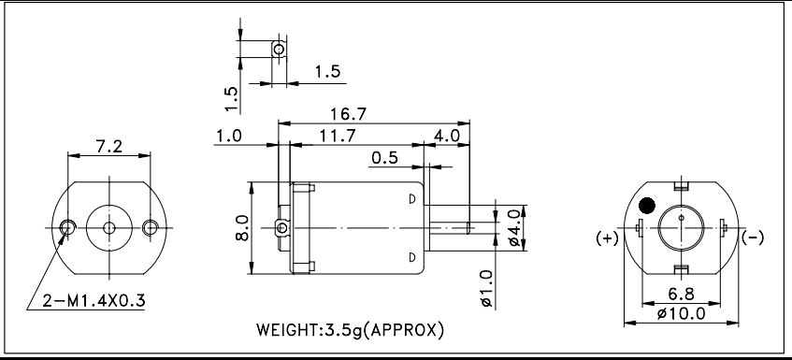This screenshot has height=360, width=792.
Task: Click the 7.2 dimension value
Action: [108, 147]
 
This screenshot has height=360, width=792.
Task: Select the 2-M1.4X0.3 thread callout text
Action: [94, 301]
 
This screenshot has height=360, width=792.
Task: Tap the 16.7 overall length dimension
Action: [348, 114]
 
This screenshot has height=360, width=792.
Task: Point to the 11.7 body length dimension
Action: [338, 136]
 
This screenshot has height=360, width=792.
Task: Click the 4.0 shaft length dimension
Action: [447, 136]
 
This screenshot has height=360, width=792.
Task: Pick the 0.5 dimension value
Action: [384, 158]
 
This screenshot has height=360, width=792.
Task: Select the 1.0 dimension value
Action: [229, 136]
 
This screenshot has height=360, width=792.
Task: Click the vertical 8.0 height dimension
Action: [242, 228]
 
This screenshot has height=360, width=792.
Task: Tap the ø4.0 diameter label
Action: [513, 228]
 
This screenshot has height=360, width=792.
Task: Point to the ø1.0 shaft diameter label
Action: [486, 289]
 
